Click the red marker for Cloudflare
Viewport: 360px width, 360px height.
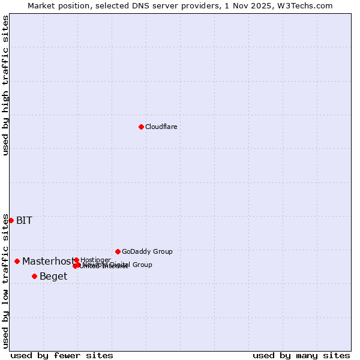coord(141,127)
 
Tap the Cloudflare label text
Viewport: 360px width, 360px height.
coord(161,127)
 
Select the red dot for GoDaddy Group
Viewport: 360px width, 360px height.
coord(118,251)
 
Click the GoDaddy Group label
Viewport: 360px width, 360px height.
coord(147,251)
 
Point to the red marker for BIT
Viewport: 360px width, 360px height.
coord(11,220)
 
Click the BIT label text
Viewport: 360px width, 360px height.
coord(24,220)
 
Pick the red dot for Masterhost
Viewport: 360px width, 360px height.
coord(17,261)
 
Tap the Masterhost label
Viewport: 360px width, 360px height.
coord(48,261)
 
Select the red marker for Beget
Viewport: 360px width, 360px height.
coord(34,276)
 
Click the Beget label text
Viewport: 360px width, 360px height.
coord(53,276)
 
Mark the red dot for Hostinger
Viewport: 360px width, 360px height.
coord(76,260)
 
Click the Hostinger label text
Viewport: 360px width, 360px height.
coord(95,260)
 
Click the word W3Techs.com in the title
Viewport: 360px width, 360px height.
coord(308,5)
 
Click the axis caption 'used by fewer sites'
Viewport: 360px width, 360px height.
coord(62,355)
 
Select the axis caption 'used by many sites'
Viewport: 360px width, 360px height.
coord(301,355)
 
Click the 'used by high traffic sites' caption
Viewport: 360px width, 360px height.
coord(5,85)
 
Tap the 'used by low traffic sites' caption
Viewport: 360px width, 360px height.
coord(5,281)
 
